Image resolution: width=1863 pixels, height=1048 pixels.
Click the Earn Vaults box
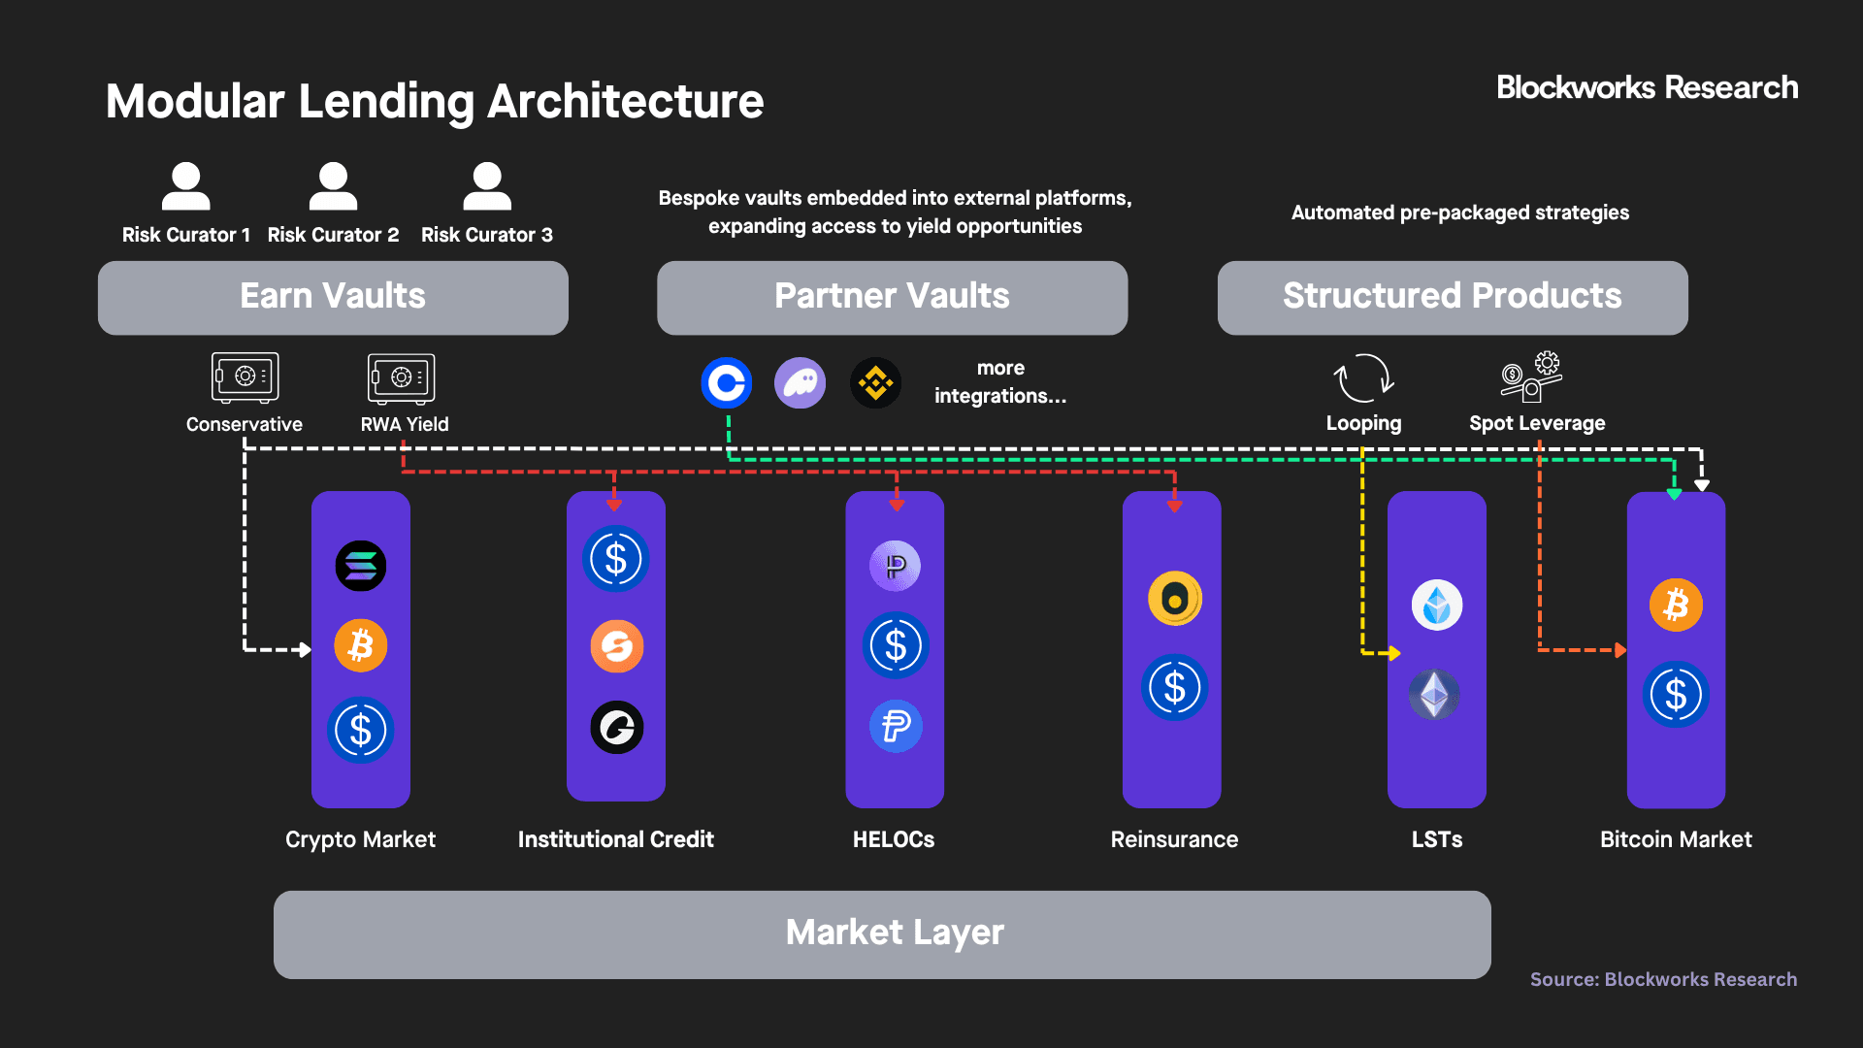pos(333,297)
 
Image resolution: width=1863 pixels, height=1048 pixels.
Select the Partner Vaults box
pos(892,297)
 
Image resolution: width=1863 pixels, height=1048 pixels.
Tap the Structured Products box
pos(1452,297)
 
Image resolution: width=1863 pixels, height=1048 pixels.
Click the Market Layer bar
pos(881,933)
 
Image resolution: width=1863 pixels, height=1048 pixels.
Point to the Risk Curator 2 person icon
pos(333,186)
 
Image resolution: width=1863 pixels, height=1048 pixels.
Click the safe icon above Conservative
pos(245,377)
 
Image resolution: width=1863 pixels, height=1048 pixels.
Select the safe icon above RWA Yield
pos(401,377)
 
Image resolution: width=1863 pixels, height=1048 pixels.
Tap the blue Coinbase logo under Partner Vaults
pos(727,383)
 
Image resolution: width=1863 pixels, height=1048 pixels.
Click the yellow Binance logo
pos(875,383)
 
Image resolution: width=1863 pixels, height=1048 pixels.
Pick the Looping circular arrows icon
pos(1363,377)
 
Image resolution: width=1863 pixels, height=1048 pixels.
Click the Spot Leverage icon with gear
pos(1532,376)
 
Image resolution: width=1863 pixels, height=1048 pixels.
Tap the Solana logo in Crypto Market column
pos(361,566)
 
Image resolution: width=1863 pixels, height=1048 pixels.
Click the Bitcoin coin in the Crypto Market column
pos(361,645)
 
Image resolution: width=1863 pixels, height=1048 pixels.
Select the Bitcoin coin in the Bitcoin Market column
pos(1676,606)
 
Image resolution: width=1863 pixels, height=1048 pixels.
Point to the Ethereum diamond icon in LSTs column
pos(1435,695)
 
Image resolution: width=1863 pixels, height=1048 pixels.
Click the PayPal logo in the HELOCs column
pos(896,726)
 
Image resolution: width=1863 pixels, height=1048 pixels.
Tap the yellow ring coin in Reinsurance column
pos(1174,599)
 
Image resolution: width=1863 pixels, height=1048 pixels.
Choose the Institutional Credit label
pos(615,839)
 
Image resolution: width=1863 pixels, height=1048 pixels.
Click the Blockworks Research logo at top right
pos(1647,88)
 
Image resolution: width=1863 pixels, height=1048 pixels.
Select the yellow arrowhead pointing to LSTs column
pos(1394,653)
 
